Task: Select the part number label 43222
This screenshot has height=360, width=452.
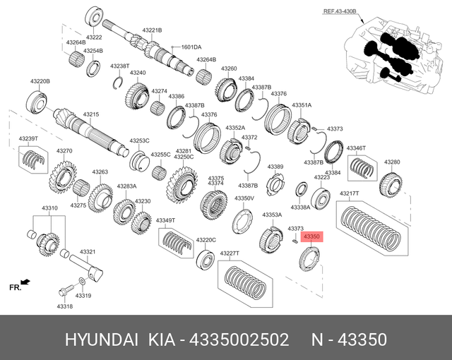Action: tap(94, 37)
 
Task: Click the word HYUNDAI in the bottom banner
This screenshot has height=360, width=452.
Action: tap(103, 340)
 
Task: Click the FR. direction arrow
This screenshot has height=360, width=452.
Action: tap(25, 282)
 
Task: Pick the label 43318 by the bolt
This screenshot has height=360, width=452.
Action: tap(64, 306)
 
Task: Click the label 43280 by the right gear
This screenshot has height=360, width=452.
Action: tap(392, 162)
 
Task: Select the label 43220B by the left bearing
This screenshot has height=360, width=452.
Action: tap(40, 81)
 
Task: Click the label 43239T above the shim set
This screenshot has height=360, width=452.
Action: tap(28, 139)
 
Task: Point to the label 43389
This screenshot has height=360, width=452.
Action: tap(275, 167)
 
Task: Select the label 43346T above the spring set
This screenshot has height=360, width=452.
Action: tap(355, 148)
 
